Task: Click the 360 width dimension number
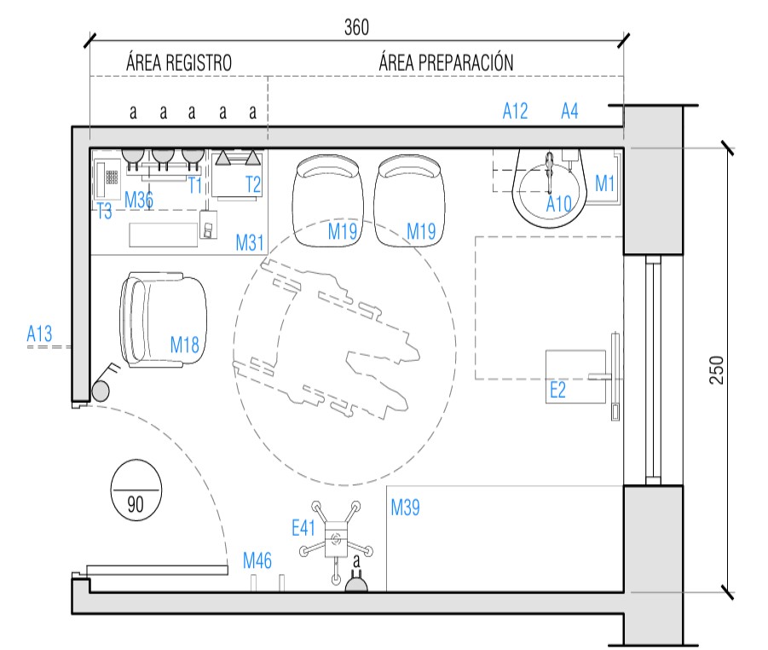[x=356, y=27]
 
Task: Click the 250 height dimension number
[x=717, y=369]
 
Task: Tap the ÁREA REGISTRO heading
[x=179, y=63]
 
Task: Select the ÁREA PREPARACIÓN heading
[x=446, y=63]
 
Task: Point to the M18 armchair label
[x=184, y=345]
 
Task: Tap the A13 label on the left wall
[x=39, y=334]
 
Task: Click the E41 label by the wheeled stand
[x=304, y=528]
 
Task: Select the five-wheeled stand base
[x=336, y=538]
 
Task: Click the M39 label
[x=405, y=508]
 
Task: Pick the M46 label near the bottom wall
[x=257, y=560]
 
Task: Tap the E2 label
[x=557, y=391]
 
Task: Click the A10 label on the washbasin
[x=559, y=203]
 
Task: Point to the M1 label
[x=605, y=182]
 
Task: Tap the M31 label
[x=250, y=243]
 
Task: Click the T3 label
[x=104, y=212]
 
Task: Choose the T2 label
[x=253, y=183]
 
